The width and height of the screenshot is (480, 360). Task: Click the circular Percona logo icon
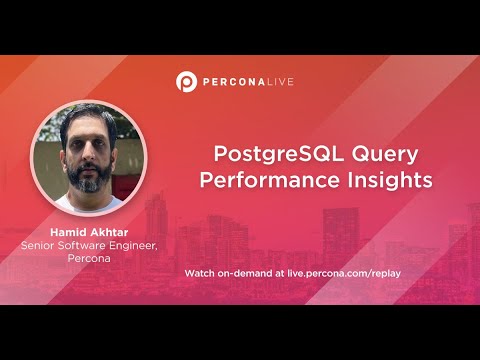click(x=186, y=80)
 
